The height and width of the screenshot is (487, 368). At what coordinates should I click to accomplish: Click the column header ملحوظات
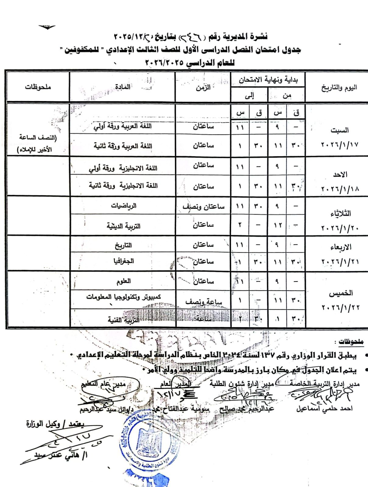(38, 87)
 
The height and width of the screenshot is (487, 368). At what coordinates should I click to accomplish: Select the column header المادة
(123, 87)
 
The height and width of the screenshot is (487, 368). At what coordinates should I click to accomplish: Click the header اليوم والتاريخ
(339, 88)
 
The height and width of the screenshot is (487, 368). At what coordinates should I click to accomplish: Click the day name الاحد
(340, 175)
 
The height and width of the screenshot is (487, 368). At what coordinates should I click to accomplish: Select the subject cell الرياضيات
(124, 206)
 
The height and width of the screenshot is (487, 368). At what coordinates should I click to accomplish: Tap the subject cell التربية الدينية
(123, 226)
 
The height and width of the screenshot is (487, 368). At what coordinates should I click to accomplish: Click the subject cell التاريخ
(123, 245)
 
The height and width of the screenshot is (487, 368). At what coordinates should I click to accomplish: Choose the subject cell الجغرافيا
(123, 261)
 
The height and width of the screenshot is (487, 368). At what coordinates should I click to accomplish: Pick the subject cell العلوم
(123, 281)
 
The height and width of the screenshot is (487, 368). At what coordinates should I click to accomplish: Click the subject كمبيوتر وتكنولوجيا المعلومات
(123, 297)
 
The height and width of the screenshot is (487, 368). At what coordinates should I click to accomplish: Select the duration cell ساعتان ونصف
(204, 207)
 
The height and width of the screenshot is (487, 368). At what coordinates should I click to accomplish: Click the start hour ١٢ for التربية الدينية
(278, 226)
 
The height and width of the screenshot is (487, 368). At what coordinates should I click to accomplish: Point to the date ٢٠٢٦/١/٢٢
(340, 307)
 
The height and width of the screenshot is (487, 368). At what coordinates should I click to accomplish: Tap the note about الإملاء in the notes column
(37, 143)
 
